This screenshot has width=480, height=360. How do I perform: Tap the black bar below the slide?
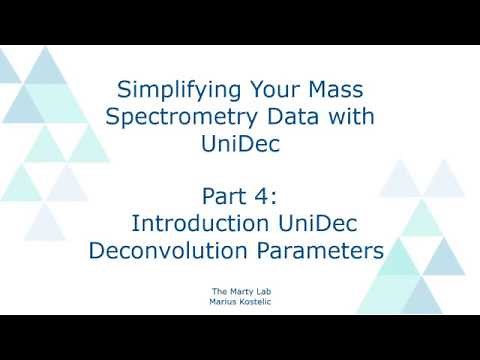tap(240, 337)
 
